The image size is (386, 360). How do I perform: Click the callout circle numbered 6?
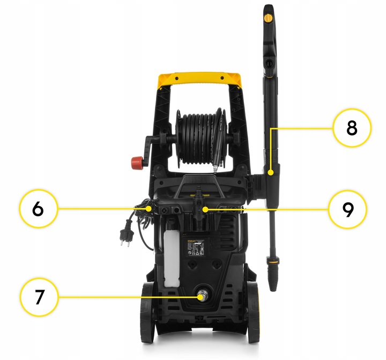point(38,208)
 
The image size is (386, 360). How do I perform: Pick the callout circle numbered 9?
point(348,209)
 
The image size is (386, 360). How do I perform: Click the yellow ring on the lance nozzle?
point(274,263)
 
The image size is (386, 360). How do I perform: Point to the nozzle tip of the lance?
point(273,282)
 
